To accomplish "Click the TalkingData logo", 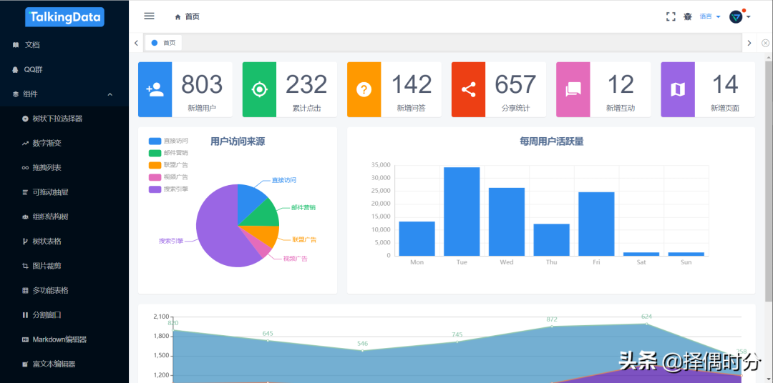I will point(64,17).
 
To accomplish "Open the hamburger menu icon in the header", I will point(149,16).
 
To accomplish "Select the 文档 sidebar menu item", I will point(32,45).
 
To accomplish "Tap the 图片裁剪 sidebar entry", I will point(47,266).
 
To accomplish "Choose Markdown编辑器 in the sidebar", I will point(59,339).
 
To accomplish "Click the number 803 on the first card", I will point(202,85).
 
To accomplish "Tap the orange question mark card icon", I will point(364,89).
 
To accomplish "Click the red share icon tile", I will point(468,89).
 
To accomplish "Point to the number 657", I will point(515,85).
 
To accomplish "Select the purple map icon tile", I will point(677,89).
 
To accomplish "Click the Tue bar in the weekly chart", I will point(462,212).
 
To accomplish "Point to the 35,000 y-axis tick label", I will point(380,165).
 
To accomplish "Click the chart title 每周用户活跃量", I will point(551,141).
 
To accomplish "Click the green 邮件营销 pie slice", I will point(265,213).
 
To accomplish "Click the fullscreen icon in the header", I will point(671,16).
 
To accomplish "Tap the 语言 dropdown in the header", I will point(709,16).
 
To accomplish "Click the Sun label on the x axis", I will point(686,262).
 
